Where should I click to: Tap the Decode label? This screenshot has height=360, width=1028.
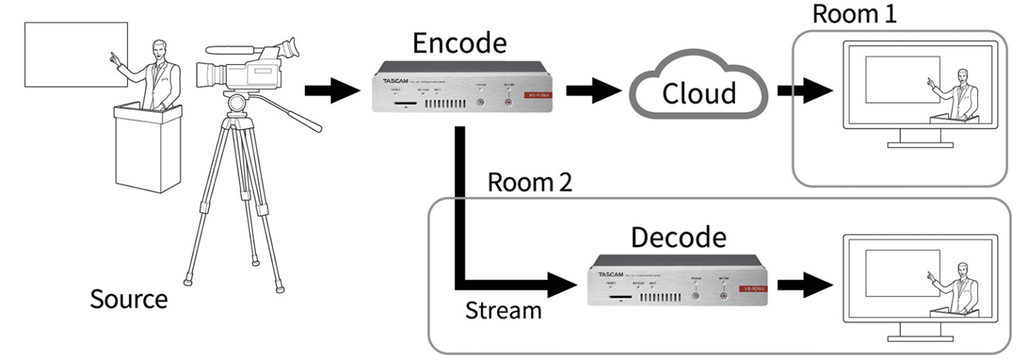(x=679, y=238)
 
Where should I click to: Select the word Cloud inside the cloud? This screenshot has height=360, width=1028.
(x=699, y=93)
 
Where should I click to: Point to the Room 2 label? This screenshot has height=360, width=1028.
(x=529, y=182)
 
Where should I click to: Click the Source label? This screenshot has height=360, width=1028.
(x=129, y=298)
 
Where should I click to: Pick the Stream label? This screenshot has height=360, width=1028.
(x=503, y=311)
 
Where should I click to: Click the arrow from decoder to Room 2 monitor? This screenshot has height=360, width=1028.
(x=803, y=282)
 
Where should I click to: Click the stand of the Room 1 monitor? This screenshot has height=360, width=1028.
(x=920, y=137)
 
